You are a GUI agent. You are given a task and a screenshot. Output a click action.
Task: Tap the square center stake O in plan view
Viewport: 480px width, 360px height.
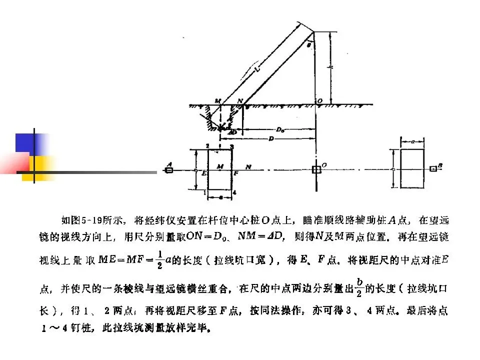[315, 169]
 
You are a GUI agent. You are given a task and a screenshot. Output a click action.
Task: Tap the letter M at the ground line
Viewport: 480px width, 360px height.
[218, 101]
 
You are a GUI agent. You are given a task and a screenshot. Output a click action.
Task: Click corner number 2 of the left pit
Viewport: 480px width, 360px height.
[207, 145]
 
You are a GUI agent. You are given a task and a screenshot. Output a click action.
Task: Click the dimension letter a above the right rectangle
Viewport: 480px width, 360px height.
[411, 142]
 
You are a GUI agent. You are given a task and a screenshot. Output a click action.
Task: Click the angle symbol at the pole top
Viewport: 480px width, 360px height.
[309, 44]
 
